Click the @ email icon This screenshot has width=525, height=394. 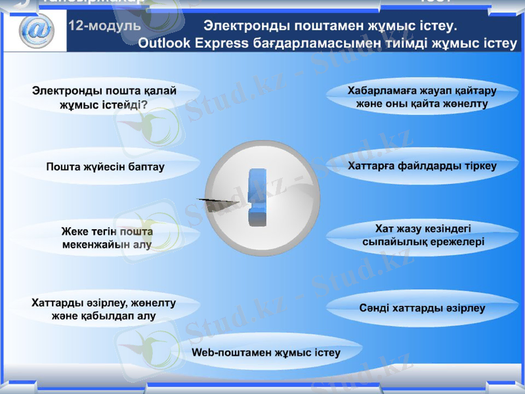tap(36, 30)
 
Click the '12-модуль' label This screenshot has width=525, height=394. tap(105, 26)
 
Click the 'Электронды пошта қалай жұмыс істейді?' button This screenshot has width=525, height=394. tap(105, 97)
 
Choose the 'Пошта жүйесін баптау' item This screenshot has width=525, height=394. tap(105, 167)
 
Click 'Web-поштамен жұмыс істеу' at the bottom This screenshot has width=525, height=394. tap(266, 353)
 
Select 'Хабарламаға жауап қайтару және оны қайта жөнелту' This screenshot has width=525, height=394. tap(422, 97)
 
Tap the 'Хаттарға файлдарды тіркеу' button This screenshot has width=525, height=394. tap(422, 165)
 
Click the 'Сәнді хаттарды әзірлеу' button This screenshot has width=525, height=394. tap(422, 308)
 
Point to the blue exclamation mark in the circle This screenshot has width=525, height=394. tap(256, 197)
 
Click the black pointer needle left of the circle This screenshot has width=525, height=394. tap(217, 198)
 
